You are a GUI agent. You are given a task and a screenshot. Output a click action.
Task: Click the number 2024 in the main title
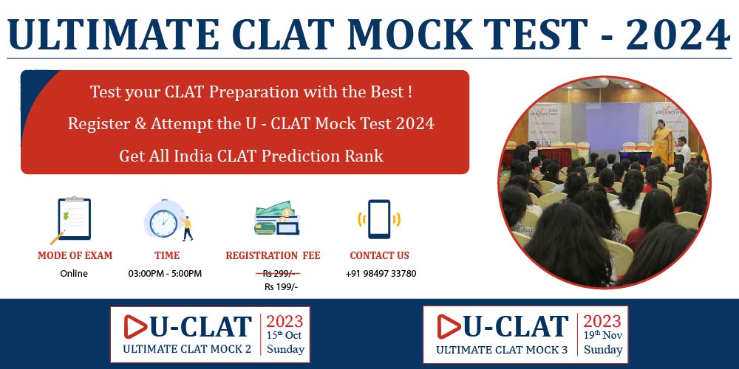tap(678, 35)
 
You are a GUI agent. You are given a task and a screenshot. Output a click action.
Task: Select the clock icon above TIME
tap(168, 220)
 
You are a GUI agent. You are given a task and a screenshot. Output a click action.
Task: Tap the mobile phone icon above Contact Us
tap(379, 219)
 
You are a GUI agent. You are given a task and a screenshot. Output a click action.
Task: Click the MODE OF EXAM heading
tap(75, 255)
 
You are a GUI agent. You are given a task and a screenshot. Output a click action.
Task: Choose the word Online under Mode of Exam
tap(74, 274)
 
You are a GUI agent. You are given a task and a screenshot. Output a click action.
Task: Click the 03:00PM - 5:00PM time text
tap(165, 274)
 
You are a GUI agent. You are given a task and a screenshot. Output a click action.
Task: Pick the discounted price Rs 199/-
tap(282, 287)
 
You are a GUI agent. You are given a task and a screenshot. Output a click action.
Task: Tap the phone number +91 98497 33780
tap(381, 274)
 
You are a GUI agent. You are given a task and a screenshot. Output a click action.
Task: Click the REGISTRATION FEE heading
tap(273, 255)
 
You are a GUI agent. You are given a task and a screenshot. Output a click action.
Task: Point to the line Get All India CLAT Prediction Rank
tap(251, 156)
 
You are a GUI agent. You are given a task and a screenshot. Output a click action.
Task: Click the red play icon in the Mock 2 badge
tap(135, 327)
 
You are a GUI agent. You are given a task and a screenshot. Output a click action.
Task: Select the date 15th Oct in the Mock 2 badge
tap(285, 336)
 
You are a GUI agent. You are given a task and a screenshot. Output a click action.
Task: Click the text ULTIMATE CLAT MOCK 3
tap(502, 350)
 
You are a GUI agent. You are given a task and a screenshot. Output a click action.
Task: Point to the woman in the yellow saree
tap(663, 142)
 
